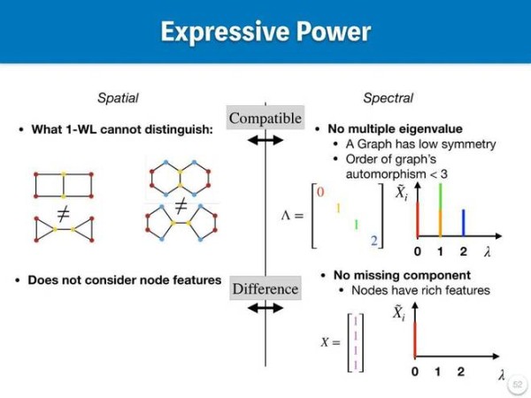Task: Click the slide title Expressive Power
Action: [265, 32]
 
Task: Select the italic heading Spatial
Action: [118, 98]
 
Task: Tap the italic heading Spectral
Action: [389, 98]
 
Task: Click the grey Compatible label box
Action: [265, 118]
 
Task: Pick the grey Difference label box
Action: [265, 288]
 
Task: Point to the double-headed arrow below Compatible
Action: [265, 140]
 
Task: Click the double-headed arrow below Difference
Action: [265, 308]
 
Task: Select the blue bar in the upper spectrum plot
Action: [463, 222]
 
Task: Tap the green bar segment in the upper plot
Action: [440, 196]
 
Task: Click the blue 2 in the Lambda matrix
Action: [373, 241]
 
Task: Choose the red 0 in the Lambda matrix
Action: [320, 192]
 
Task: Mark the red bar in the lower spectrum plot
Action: [415, 339]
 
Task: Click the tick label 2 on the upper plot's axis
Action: [463, 251]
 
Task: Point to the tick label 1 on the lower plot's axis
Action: [438, 371]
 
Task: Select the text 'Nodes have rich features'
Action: [420, 290]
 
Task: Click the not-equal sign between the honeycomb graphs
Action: [181, 206]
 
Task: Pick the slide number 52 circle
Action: [518, 384]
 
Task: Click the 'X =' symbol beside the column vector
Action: [330, 342]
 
